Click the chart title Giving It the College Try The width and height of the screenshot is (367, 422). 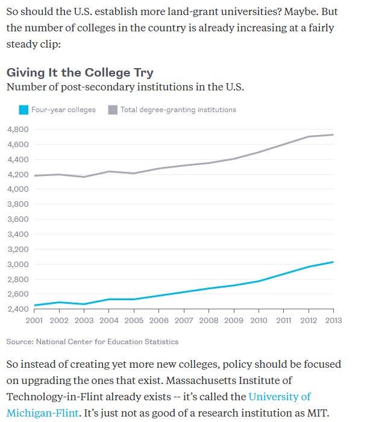[x=80, y=72]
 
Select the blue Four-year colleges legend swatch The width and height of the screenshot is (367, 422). [x=24, y=110]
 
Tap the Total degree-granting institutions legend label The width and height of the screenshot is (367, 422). [x=178, y=110]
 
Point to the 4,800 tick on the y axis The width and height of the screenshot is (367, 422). [x=17, y=130]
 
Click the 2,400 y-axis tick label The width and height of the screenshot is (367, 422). [x=17, y=309]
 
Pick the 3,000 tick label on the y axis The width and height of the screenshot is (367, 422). [x=17, y=264]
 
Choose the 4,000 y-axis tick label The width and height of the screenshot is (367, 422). [x=17, y=189]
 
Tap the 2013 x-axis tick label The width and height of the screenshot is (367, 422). [x=333, y=321]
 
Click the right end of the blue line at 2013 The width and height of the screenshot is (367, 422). [x=333, y=262]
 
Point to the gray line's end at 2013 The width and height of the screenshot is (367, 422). [x=333, y=134]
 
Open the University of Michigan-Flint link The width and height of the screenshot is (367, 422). [x=280, y=397]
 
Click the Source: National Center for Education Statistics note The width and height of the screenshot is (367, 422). [x=92, y=342]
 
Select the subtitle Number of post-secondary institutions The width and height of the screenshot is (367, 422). [x=125, y=87]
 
